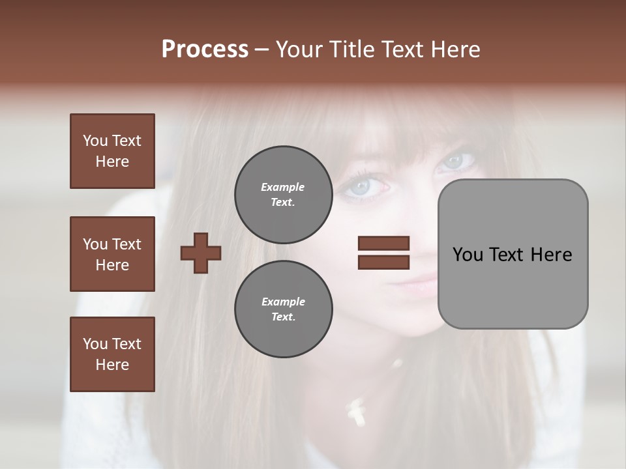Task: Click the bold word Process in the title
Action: [x=205, y=50]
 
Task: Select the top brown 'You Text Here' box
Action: [x=112, y=151]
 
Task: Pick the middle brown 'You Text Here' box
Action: [x=112, y=254]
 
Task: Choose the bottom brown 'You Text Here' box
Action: [x=112, y=354]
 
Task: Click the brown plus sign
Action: [x=201, y=253]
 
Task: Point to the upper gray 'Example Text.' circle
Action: [x=283, y=194]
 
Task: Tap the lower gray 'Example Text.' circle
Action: [x=283, y=309]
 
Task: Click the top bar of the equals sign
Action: [x=383, y=244]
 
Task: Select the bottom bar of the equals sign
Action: [x=383, y=262]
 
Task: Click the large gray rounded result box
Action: [x=513, y=254]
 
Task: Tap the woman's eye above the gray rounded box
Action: [x=456, y=160]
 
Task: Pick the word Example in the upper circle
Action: [x=283, y=187]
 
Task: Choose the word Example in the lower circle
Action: [x=283, y=302]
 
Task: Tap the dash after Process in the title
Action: [x=261, y=50]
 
